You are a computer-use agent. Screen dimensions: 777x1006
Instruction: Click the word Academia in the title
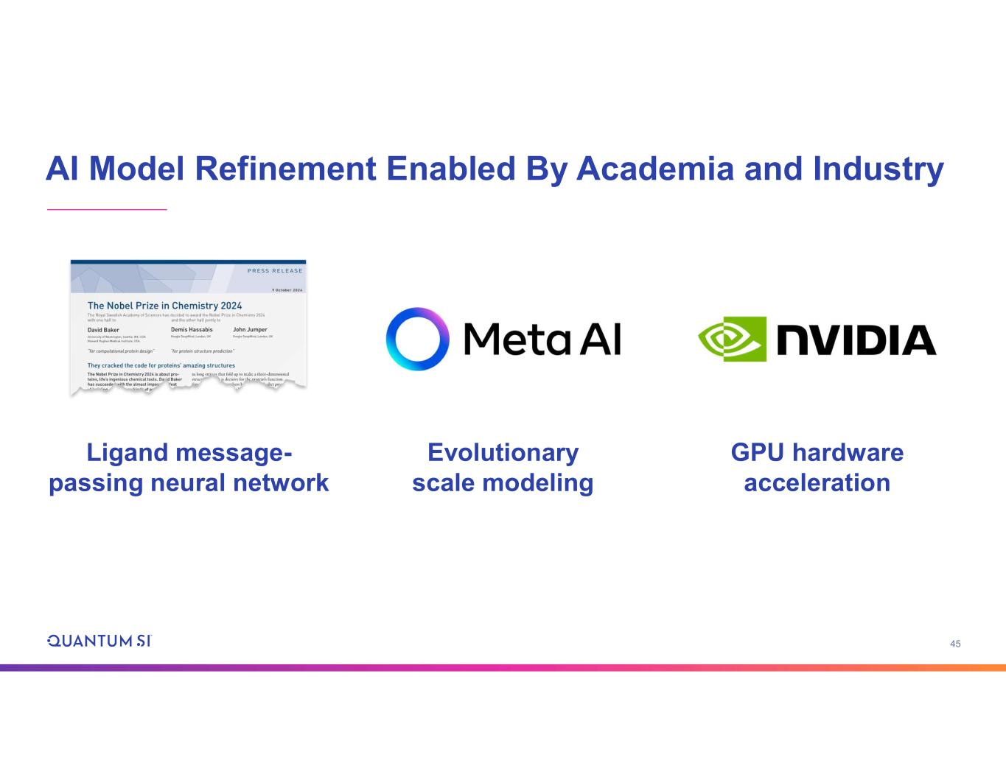click(x=655, y=169)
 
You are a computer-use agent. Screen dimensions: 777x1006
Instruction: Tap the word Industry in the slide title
click(x=878, y=169)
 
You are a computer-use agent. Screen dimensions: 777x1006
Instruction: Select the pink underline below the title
click(x=107, y=210)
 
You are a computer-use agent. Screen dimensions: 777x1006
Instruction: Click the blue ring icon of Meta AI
click(x=417, y=339)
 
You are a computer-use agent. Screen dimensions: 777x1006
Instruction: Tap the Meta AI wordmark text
click(x=542, y=340)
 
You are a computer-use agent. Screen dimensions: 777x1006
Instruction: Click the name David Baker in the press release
click(x=103, y=330)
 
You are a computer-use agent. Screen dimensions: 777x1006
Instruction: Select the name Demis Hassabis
click(x=192, y=330)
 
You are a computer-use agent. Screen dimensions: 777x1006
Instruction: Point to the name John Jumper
click(x=250, y=330)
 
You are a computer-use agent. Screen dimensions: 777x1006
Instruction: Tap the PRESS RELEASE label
click(x=275, y=271)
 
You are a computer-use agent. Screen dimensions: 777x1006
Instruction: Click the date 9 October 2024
click(x=287, y=290)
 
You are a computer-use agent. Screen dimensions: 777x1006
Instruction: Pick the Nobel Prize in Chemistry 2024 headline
click(x=164, y=306)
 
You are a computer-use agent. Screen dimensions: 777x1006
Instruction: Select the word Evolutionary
click(x=503, y=452)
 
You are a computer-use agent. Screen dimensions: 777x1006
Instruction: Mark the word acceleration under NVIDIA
click(x=817, y=483)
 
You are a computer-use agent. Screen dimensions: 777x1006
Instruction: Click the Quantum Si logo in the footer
click(x=99, y=641)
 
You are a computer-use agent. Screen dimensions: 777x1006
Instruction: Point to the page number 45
click(x=955, y=644)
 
